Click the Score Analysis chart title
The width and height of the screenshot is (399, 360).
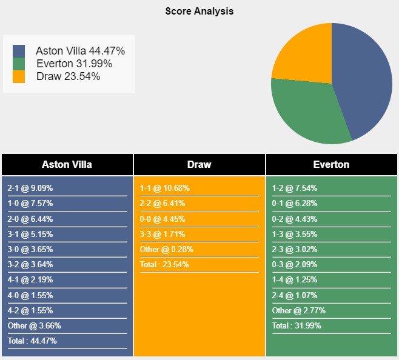[199, 12]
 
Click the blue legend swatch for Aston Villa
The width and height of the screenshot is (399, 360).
[19, 51]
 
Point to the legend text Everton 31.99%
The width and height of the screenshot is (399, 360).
[74, 64]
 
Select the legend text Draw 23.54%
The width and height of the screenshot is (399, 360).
[68, 76]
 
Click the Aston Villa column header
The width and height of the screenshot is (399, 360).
[67, 164]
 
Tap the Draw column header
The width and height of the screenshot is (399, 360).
[199, 164]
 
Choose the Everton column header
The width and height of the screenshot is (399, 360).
[331, 164]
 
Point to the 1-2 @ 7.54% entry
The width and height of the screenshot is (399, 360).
[295, 188]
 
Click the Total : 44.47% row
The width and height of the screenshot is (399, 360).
[32, 341]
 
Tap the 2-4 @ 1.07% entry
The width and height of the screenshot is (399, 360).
[295, 295]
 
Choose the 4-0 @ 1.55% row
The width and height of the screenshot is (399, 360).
[30, 295]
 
